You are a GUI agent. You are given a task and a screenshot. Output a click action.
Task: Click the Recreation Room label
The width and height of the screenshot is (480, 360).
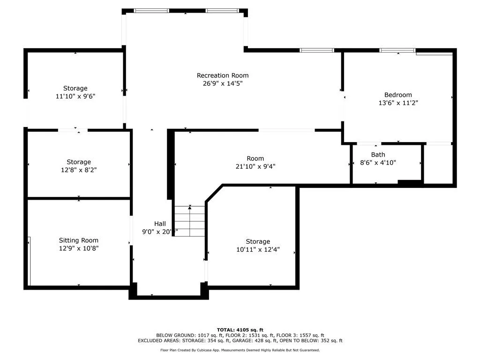coord(223,75)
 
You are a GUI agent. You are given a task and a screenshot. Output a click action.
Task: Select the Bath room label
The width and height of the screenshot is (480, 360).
coord(378,155)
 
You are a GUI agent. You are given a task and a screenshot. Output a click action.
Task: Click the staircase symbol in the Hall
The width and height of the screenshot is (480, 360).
coord(190,220)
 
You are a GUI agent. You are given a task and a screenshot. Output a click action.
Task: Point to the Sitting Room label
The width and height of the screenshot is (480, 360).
coord(79,240)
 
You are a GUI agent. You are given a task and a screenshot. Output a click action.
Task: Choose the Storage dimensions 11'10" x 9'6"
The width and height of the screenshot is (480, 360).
coord(75,96)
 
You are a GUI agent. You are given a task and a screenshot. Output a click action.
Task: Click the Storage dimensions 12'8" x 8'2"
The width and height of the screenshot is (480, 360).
coord(79,170)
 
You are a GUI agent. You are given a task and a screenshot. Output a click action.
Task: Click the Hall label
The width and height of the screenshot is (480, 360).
coord(160,224)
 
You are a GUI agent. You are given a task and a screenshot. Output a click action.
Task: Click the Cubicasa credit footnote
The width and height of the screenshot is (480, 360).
coord(240,350)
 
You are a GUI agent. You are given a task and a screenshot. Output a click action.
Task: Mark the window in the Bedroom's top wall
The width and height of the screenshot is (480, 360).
coord(397,50)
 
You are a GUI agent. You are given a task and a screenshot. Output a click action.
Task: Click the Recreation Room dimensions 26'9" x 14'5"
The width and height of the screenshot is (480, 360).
coord(223,83)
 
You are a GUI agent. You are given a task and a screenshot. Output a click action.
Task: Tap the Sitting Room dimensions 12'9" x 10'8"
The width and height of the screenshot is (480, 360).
coord(79,248)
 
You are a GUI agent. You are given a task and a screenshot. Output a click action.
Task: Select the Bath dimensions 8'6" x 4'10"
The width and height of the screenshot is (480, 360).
coord(378,163)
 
